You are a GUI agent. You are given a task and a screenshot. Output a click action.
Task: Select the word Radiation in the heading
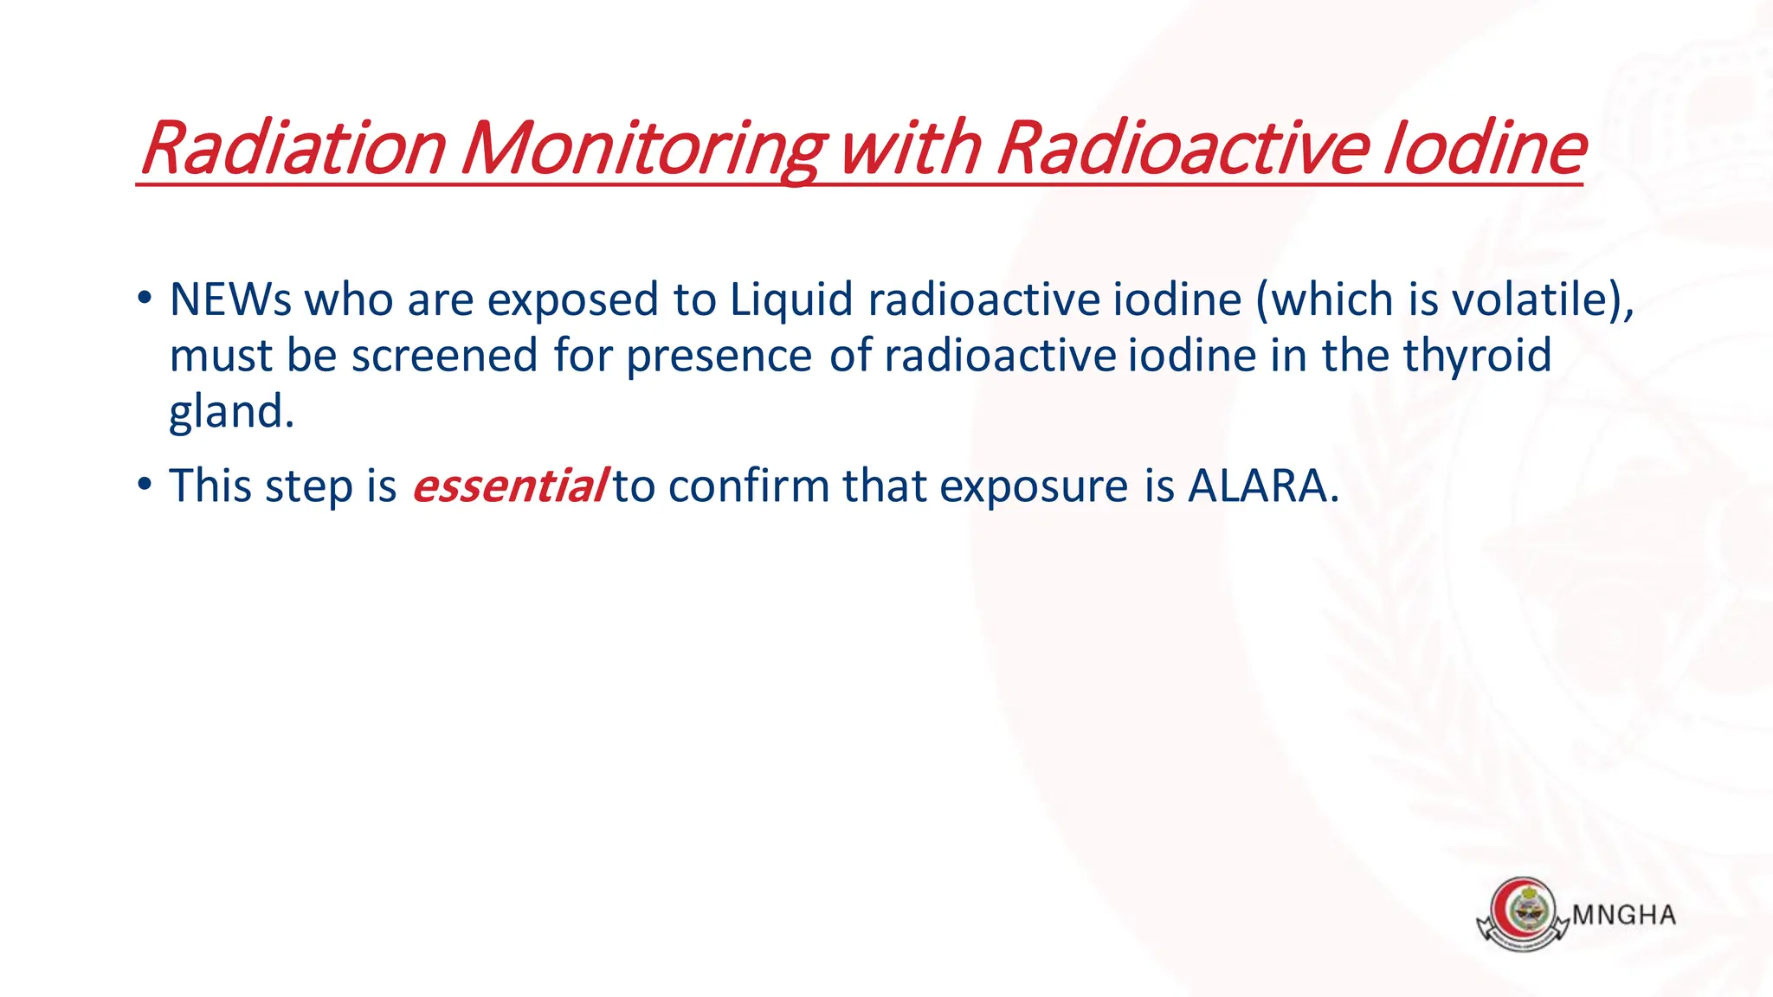click(293, 149)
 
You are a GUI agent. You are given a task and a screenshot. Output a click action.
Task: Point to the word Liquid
click(791, 300)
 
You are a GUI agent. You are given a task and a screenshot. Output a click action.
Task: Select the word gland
click(230, 412)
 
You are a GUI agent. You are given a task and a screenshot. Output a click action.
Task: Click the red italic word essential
click(509, 486)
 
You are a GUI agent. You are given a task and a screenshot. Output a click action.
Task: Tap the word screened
click(444, 356)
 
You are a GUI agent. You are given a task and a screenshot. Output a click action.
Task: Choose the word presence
click(719, 356)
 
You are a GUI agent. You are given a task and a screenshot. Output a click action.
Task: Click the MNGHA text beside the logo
click(1624, 916)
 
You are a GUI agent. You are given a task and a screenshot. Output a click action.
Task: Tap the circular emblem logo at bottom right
click(1523, 912)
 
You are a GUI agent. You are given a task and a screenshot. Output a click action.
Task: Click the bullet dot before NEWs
click(145, 299)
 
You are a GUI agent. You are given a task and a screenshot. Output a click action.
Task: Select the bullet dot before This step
click(145, 486)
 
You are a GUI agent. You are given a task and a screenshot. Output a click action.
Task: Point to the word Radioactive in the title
click(1183, 149)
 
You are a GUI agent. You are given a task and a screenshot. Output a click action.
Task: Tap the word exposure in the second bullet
click(1035, 486)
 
